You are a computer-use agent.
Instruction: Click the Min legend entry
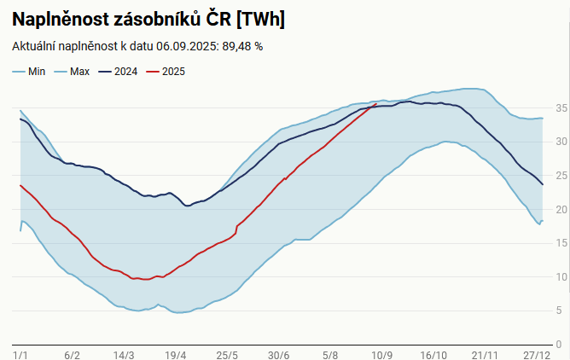(30, 72)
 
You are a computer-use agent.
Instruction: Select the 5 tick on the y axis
(558, 311)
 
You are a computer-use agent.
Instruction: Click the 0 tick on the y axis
(558, 345)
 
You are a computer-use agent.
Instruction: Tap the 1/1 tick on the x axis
(21, 354)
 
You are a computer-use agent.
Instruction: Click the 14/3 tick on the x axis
(124, 354)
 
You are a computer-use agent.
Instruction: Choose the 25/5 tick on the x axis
(227, 354)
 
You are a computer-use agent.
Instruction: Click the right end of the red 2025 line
(376, 104)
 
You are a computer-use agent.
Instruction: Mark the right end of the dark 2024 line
(543, 184)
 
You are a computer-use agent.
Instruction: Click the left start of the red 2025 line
(20, 185)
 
